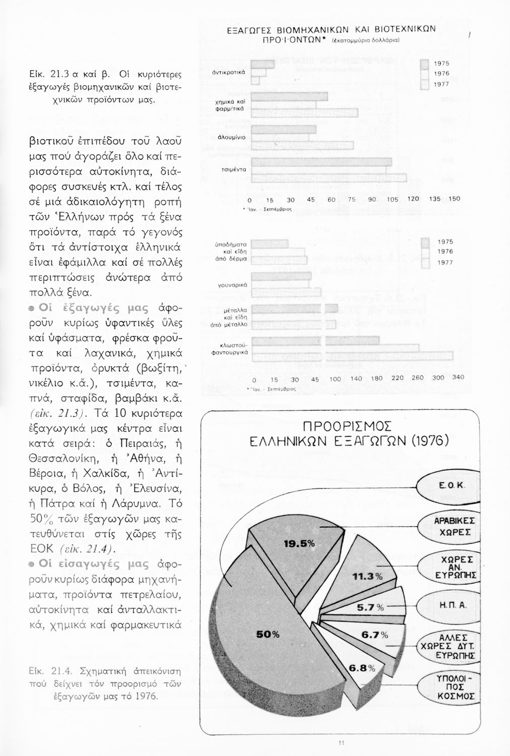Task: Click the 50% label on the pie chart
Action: point(268,635)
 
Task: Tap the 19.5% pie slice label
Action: point(299,543)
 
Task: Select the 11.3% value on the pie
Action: point(367,576)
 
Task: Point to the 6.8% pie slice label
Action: point(362,668)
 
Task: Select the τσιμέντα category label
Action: point(233,170)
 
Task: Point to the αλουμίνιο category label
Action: point(231,137)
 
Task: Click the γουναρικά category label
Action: point(232,285)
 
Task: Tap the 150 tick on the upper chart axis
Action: point(454,199)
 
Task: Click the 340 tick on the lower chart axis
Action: point(458,377)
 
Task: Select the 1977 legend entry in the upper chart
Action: point(441,84)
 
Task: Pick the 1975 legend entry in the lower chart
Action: point(445,242)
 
